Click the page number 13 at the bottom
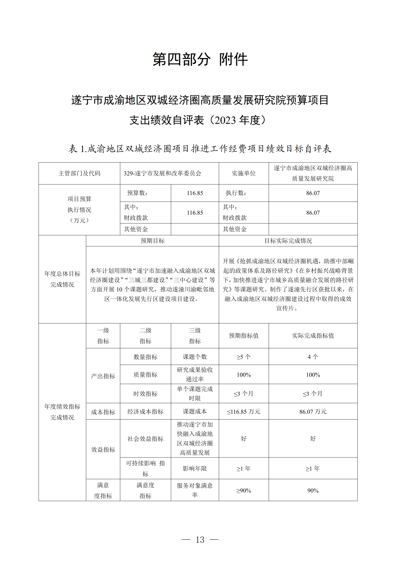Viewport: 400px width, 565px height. coord(200,539)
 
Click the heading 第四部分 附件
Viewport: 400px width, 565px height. coord(200,60)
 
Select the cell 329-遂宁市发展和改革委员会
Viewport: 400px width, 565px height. coord(162,173)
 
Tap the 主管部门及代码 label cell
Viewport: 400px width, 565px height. coord(79,173)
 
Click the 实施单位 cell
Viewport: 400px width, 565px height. coord(243,173)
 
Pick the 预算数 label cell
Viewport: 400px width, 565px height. coord(137,193)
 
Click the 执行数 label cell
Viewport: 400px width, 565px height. coord(236,193)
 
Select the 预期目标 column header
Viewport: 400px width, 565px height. coord(152,241)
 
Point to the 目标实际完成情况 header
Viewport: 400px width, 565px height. coord(288,241)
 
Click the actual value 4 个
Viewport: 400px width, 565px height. coord(313,357)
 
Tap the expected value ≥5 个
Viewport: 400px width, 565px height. coord(243,357)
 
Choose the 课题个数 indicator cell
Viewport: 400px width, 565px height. coord(195,357)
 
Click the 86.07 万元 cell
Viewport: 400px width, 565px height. coord(313,411)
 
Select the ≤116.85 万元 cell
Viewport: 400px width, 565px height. coord(243,411)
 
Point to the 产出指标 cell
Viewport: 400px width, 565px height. coord(103,376)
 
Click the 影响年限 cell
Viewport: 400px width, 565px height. coord(195,468)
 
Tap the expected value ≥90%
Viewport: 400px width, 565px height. coord(243,491)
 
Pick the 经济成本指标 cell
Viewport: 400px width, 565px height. coord(145,411)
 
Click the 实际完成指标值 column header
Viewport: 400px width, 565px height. coord(313,336)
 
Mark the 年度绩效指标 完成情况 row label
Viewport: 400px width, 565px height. coord(62,412)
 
